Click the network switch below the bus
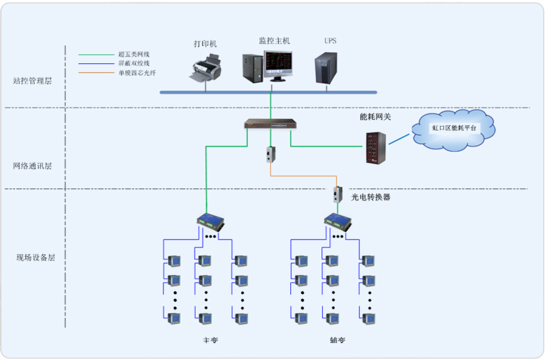(270, 125)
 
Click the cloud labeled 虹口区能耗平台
(453, 128)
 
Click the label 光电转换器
(371, 196)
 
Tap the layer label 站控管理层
(33, 81)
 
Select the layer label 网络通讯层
(33, 166)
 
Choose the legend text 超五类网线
(133, 54)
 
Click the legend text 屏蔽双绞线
(133, 63)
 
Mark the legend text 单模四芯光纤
(136, 73)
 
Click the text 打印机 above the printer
(205, 44)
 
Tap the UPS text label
(331, 41)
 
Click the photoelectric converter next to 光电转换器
(338, 194)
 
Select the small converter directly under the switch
(269, 155)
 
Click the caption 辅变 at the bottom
(338, 340)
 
